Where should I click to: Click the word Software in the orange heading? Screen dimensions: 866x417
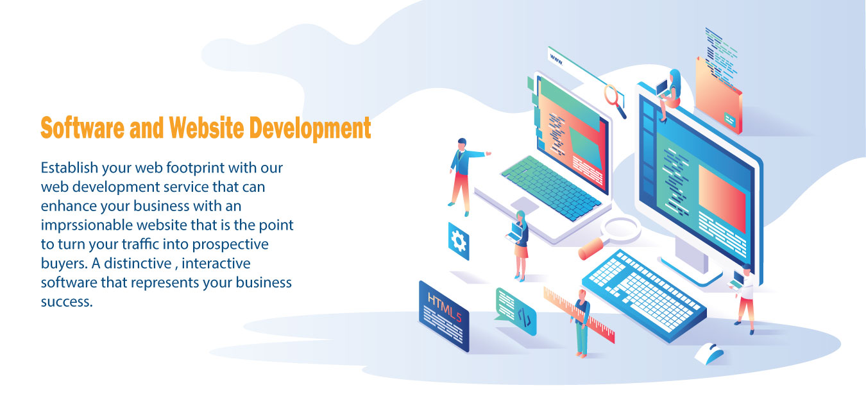pos(83,128)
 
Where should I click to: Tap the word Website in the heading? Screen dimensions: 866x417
pos(207,128)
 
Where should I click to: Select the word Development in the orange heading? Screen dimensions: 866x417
pos(310,128)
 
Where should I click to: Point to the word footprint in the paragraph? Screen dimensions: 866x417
pos(195,168)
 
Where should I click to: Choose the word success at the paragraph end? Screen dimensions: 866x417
pos(67,302)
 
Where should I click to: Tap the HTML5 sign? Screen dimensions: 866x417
pos(444,316)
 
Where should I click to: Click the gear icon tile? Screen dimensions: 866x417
pos(459,241)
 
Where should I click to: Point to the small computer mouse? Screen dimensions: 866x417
pos(709,353)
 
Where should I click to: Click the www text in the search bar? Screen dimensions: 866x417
pos(556,60)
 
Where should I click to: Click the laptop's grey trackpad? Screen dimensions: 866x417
pos(525,205)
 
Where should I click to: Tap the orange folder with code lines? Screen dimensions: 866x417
pos(718,97)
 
